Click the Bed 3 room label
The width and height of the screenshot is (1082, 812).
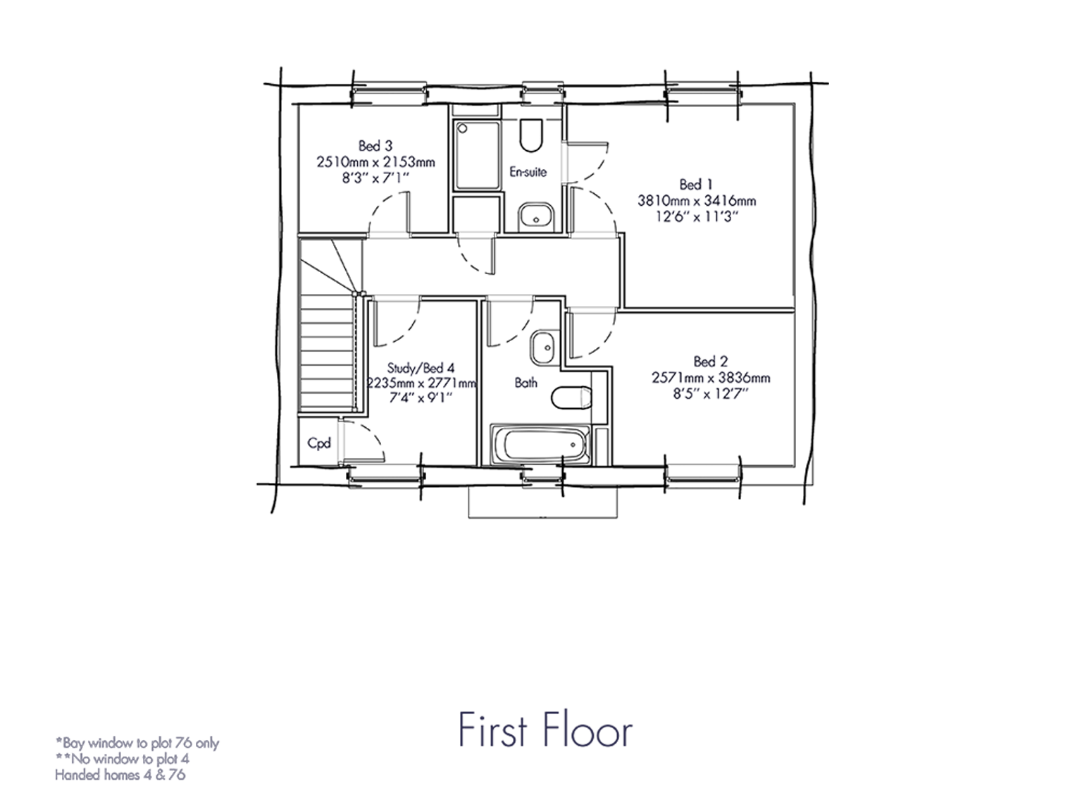coord(375,146)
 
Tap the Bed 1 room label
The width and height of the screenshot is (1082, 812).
coord(696,185)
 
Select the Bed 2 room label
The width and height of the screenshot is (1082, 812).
coord(710,362)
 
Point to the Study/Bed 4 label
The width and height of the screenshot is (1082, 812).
coord(421,368)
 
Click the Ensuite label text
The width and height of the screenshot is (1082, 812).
coord(528,172)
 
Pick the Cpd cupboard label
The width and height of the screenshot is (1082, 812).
coord(319,443)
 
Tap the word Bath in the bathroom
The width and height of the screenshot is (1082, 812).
coord(526,383)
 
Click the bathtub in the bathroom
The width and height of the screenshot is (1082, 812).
coord(540,444)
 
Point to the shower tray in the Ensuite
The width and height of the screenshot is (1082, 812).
coord(477,154)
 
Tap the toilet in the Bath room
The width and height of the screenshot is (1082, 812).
coord(571,398)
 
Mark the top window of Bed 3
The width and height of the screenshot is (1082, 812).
coord(389,93)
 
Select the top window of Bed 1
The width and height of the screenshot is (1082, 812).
coord(703,93)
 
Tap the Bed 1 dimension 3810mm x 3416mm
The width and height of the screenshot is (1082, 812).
coord(696,201)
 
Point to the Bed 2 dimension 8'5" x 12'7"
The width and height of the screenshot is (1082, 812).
coord(710,393)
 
